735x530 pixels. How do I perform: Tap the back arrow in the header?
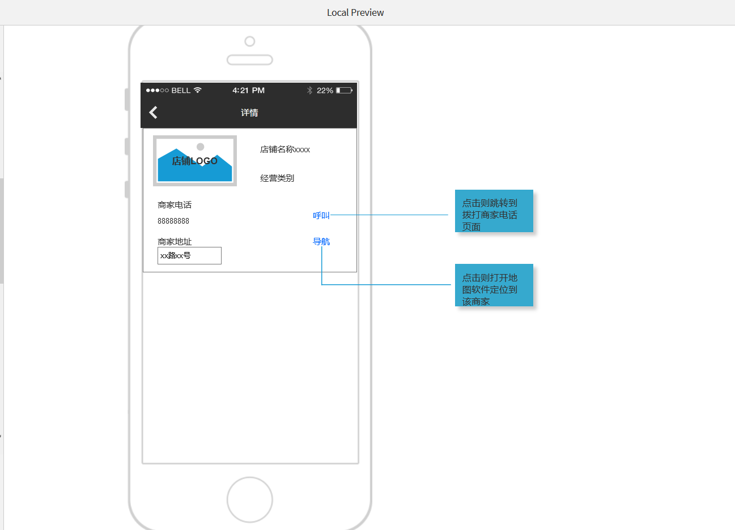153,113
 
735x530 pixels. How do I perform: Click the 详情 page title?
249,113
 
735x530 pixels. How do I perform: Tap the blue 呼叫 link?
321,215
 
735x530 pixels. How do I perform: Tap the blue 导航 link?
321,242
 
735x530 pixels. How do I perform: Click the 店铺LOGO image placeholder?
195,161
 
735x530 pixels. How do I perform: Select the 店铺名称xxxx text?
285,149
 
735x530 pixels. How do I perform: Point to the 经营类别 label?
277,178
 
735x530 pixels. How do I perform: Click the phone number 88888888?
173,221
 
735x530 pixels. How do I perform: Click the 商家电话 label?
175,205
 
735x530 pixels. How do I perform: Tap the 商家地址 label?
175,242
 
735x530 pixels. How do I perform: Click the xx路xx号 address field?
189,256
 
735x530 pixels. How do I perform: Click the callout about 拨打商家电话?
494,211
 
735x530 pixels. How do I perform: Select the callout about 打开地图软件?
494,285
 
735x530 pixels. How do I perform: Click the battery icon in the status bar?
344,91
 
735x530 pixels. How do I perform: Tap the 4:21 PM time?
248,91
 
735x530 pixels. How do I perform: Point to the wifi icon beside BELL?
198,90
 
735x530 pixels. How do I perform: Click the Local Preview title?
355,12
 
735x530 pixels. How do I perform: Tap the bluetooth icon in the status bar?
309,90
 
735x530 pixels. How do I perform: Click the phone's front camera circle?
250,41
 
